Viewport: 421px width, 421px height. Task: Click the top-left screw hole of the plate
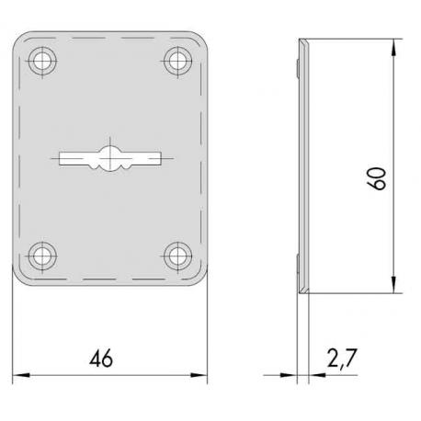pos(41,61)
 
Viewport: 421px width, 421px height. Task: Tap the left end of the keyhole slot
pos(61,159)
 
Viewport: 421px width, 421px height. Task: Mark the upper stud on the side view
pos(298,66)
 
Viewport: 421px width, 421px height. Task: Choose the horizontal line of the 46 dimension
pos(147,375)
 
